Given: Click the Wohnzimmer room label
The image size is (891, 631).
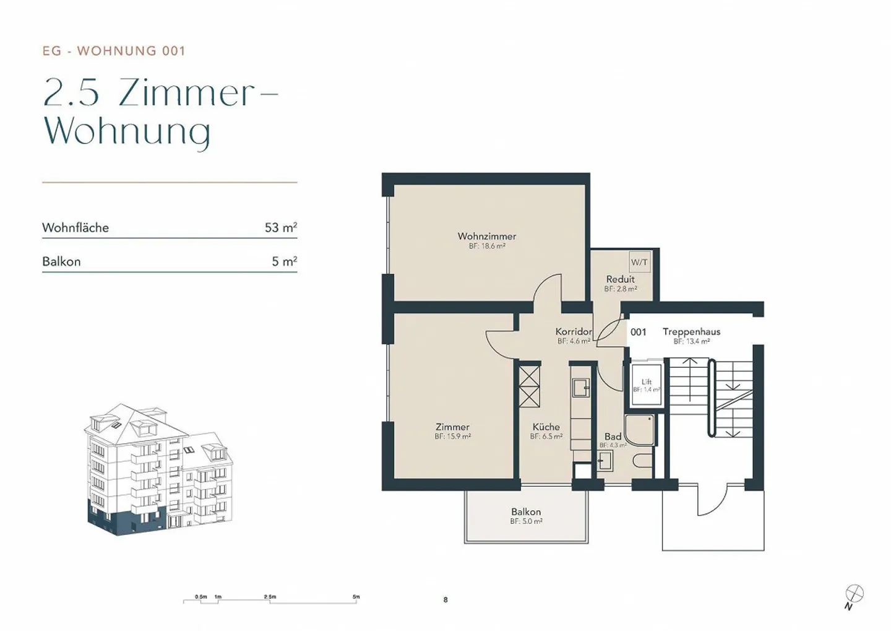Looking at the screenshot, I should click(x=486, y=236).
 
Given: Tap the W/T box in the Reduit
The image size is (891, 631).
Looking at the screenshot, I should click(x=639, y=262).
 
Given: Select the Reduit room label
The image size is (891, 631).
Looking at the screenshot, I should click(x=620, y=279).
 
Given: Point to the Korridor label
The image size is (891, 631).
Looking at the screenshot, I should click(x=574, y=332).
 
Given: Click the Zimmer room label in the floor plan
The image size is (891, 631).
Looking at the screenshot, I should click(x=452, y=427).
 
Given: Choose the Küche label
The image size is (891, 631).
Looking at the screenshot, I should click(x=546, y=427).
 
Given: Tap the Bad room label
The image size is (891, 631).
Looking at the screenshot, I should click(x=613, y=437).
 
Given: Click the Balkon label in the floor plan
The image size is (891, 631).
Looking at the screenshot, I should click(x=526, y=512).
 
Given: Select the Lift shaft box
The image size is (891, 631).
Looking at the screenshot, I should click(x=646, y=385).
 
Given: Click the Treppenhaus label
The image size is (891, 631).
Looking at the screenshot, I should click(x=691, y=332).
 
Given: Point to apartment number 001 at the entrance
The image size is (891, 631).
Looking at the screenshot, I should click(x=638, y=332).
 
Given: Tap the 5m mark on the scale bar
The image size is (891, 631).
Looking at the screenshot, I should click(x=356, y=598).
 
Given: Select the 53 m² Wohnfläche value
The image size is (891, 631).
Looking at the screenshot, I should click(x=280, y=228).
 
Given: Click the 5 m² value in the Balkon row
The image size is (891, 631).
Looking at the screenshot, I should click(x=284, y=262).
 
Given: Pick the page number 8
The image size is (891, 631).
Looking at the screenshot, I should click(x=445, y=599).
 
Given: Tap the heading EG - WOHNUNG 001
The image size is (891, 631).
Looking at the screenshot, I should click(x=114, y=51).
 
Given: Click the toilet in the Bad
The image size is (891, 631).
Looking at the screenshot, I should click(x=643, y=460).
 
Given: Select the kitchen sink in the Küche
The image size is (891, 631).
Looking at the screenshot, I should click(x=580, y=388).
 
